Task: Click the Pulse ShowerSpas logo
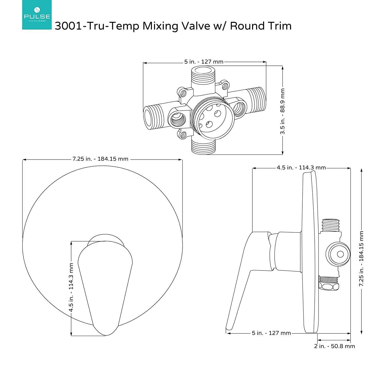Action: point(37,15)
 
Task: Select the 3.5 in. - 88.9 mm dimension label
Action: point(283,111)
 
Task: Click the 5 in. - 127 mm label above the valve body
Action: point(204,62)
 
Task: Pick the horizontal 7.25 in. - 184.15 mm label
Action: point(100,159)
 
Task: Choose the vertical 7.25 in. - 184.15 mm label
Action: point(361,259)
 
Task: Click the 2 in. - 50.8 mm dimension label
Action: point(334,346)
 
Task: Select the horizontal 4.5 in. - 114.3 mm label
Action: point(301,168)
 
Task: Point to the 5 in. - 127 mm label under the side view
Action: point(271,333)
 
